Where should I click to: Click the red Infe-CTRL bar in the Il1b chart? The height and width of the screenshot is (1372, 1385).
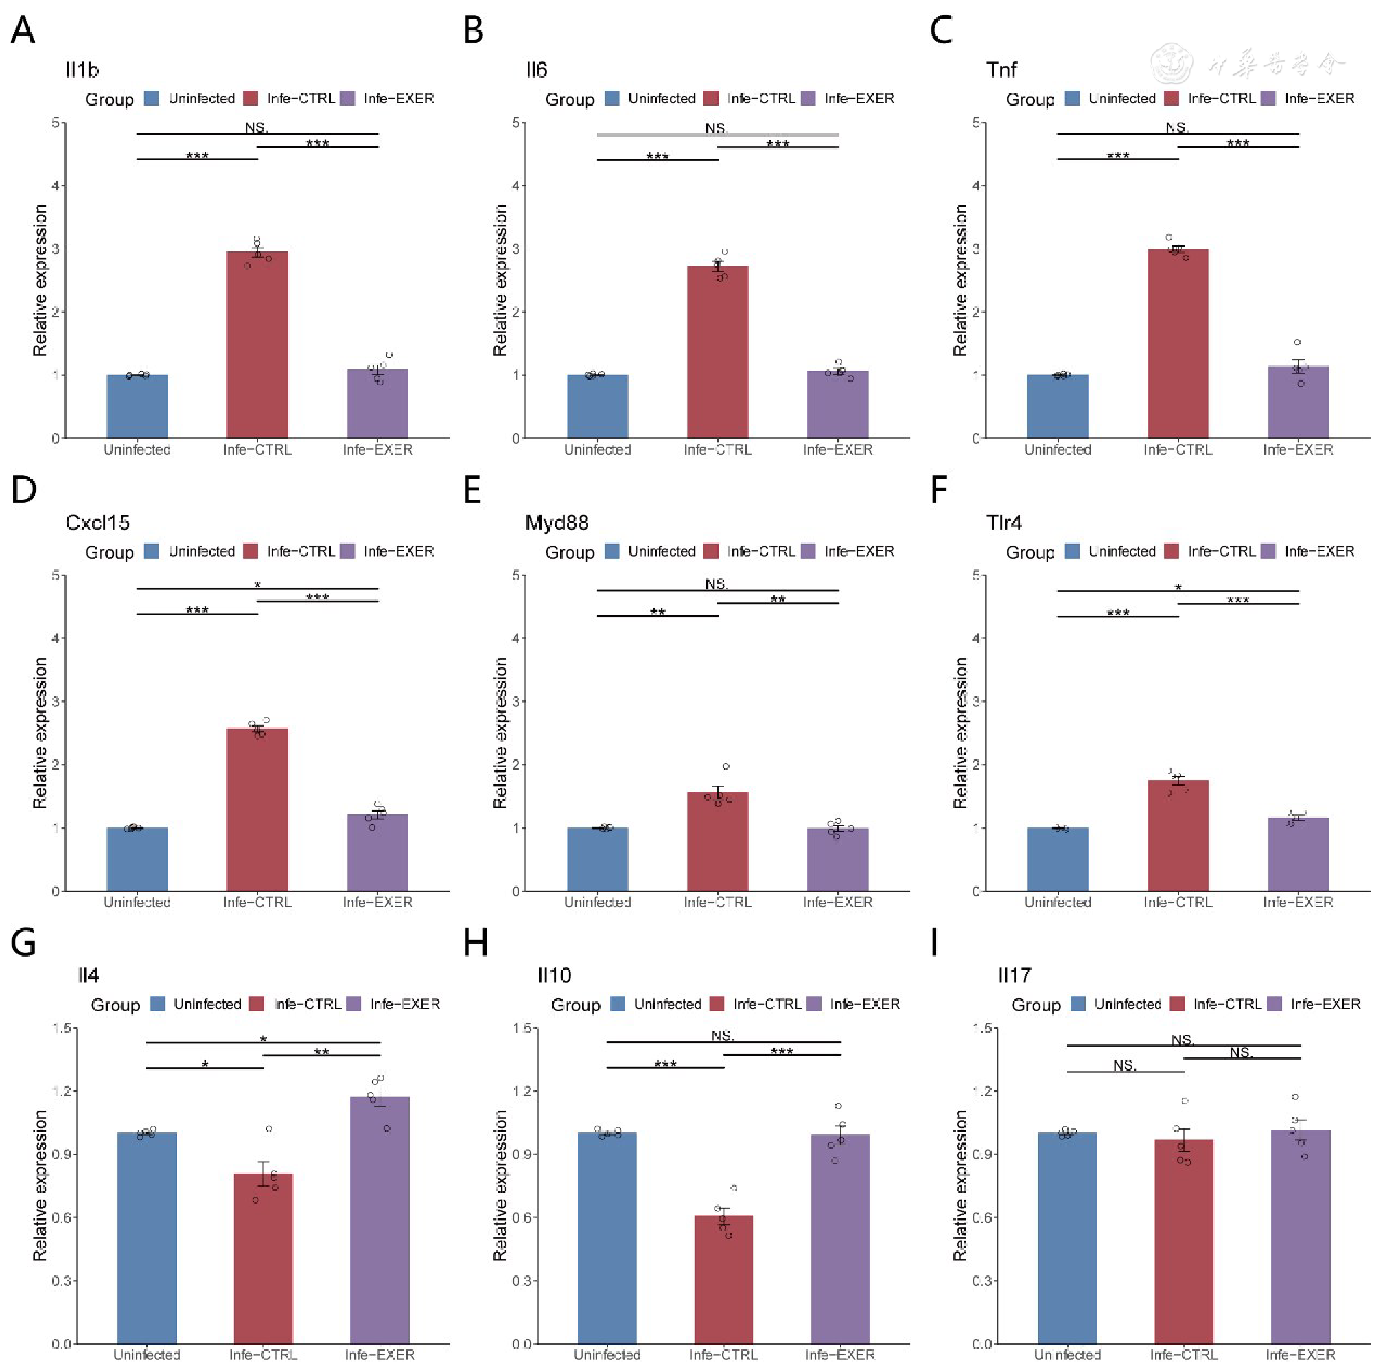[257, 344]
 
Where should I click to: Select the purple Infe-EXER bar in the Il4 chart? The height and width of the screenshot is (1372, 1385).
[380, 1220]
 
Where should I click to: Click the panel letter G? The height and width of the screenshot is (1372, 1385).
[23, 942]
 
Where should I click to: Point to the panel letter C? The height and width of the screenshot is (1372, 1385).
[941, 31]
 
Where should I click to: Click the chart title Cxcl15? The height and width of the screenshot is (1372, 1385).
[97, 523]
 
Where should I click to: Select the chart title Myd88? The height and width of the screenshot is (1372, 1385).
[557, 523]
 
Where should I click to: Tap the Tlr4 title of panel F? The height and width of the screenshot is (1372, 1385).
[1003, 523]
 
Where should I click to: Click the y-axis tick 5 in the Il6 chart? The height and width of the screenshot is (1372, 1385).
[515, 123]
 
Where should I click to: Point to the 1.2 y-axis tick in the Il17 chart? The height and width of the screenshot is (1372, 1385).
[982, 1091]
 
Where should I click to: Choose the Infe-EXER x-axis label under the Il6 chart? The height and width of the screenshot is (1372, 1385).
[838, 450]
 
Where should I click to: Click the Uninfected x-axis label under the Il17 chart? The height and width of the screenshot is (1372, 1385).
[1067, 1355]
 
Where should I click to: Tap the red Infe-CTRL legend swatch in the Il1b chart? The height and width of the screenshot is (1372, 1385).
[251, 98]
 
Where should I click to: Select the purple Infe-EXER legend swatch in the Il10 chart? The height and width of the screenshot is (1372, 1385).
[815, 1004]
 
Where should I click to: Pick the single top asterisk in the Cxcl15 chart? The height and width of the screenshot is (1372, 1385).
[257, 585]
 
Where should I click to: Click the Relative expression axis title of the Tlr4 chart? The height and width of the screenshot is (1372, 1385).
[960, 733]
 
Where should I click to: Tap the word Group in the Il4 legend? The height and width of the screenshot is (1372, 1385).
[115, 1005]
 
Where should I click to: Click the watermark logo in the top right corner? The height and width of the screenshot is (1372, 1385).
[1172, 63]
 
